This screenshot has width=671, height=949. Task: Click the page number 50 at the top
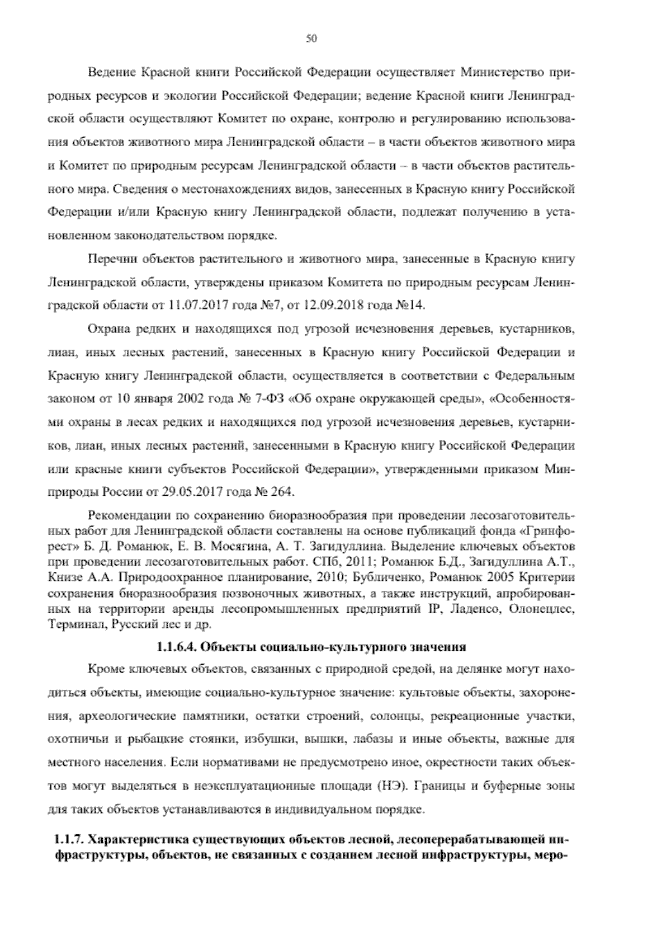click(x=312, y=38)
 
